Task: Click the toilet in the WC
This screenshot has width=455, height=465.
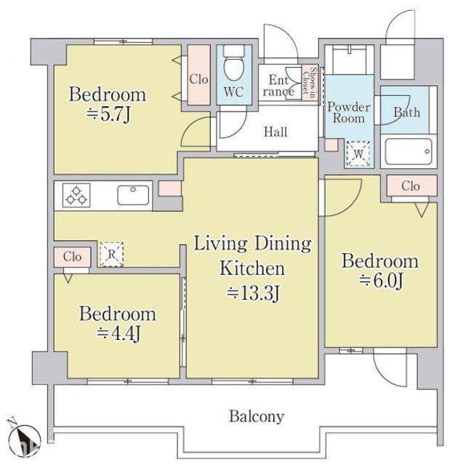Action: [x=234, y=63]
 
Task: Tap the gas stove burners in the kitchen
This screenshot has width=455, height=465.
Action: [x=76, y=195]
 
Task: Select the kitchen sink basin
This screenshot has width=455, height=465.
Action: [x=133, y=195]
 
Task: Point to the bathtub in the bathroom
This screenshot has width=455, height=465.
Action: [x=408, y=151]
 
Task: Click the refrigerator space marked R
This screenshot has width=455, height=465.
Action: [x=111, y=255]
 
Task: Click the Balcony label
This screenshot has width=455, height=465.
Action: [x=257, y=417]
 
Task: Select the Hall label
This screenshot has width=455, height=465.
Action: [x=275, y=132]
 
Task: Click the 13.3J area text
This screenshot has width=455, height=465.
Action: [x=253, y=293]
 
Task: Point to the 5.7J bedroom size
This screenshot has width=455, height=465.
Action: [x=108, y=115]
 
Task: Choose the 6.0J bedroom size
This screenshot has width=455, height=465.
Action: [x=382, y=281]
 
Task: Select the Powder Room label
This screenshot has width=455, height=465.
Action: [x=349, y=112]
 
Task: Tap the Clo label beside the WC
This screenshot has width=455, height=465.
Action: [x=198, y=79]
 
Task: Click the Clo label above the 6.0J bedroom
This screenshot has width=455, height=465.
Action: [x=411, y=186]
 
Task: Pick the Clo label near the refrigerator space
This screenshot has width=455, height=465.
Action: [x=72, y=257]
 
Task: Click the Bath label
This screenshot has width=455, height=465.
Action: [x=407, y=112]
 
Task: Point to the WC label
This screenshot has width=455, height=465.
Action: [x=234, y=92]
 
